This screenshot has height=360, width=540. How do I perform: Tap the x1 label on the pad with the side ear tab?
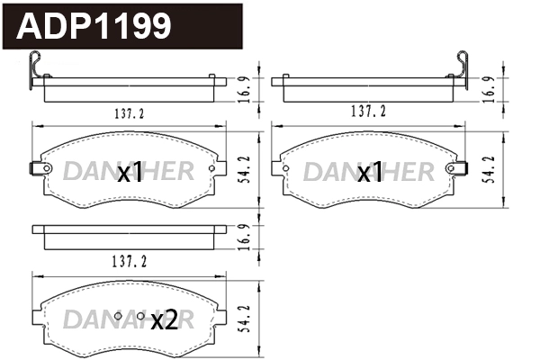[x=131, y=173]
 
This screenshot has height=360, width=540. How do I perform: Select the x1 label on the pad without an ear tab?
[x=370, y=173]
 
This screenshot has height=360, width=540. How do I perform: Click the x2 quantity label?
[x=164, y=319]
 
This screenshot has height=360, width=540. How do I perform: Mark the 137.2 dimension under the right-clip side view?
[x=367, y=111]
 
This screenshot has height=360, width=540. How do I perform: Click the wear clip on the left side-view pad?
[x=37, y=70]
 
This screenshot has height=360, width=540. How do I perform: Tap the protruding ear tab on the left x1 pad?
[x=37, y=169]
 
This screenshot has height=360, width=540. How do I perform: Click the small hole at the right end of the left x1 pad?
[x=211, y=168]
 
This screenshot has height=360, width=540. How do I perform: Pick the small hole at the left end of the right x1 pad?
[x=286, y=168]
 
